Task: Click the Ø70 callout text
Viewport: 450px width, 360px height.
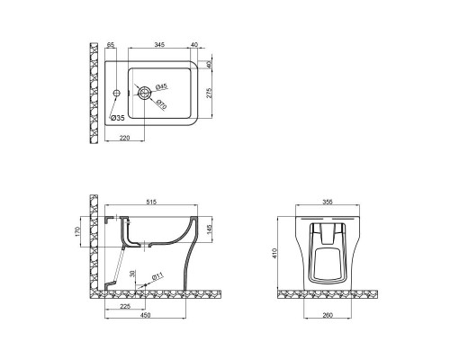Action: pyautogui.click(x=162, y=103)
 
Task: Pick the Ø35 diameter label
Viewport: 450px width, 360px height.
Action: pyautogui.click(x=117, y=118)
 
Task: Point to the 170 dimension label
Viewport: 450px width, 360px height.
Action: pyautogui.click(x=79, y=232)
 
